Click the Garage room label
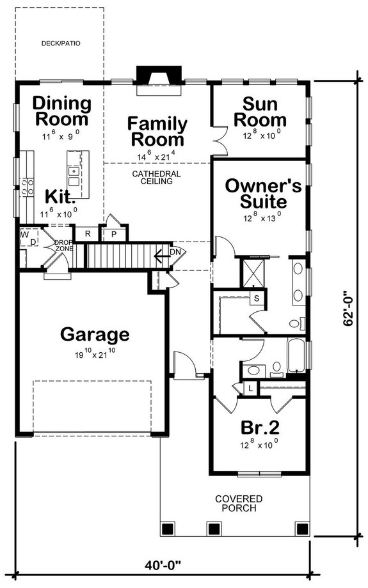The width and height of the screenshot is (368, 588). pyautogui.click(x=95, y=334)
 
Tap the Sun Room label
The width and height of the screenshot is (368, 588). pyautogui.click(x=264, y=111)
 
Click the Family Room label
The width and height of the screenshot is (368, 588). pyautogui.click(x=157, y=131)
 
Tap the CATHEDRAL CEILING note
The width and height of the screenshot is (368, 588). pyautogui.click(x=157, y=177)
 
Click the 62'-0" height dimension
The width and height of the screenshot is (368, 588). pyautogui.click(x=349, y=309)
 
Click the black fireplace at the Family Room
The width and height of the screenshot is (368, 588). pyautogui.click(x=157, y=77)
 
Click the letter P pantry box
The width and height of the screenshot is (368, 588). pyautogui.click(x=115, y=234)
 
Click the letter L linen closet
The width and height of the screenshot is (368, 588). pyautogui.click(x=249, y=387)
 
